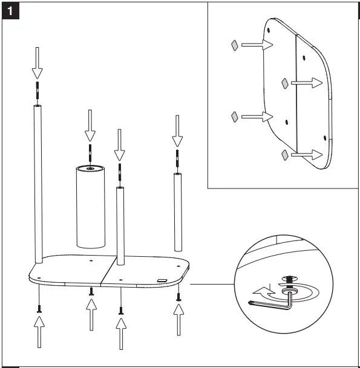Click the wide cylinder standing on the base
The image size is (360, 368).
coord(90,205)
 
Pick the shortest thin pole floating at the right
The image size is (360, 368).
coord(178,211)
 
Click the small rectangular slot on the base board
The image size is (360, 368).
coord(162,280)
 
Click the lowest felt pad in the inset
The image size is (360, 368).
coord(284,156)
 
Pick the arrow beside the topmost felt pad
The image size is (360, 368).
coord(256,44)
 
